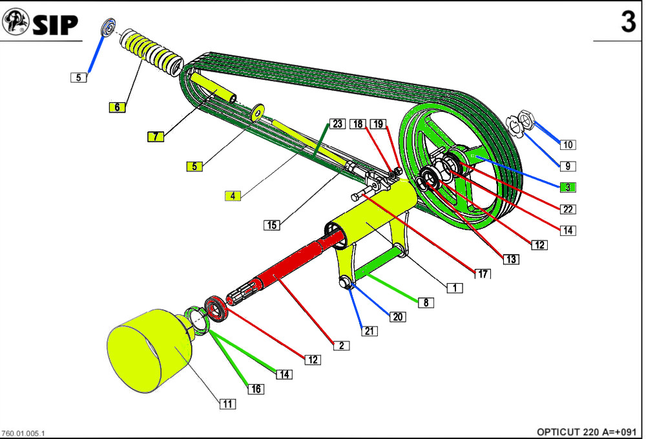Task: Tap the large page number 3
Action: [628, 23]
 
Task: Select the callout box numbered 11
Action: [227, 404]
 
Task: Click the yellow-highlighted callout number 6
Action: [117, 107]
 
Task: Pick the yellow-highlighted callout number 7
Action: [155, 136]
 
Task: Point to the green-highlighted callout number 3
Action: [567, 187]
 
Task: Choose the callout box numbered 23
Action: [337, 123]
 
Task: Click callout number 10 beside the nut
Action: [567, 144]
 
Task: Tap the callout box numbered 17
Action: [482, 274]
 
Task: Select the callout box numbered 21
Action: [369, 331]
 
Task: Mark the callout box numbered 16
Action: [256, 389]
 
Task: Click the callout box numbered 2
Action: [340, 345]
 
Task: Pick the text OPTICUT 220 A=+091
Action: [587, 432]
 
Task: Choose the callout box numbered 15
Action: [272, 225]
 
